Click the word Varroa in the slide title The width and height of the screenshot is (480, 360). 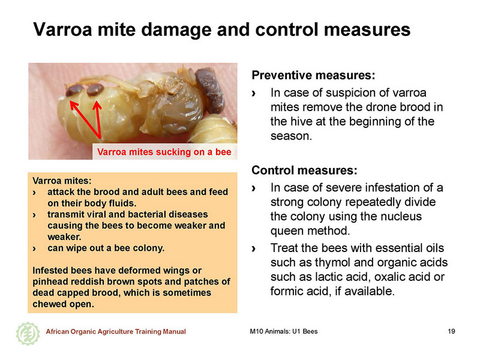tap(62, 29)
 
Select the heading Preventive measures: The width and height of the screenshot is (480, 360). tap(313, 76)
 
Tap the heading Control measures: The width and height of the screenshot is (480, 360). tap(304, 170)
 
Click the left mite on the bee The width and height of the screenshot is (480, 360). tap(74, 91)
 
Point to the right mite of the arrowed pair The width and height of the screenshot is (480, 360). tap(95, 89)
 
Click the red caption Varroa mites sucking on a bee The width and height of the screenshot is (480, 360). tap(164, 152)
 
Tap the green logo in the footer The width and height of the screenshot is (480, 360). tap(28, 334)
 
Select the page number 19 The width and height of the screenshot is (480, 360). tap(451, 331)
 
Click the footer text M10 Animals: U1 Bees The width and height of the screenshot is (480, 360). tap(283, 331)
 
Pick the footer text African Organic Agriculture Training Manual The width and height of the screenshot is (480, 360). tap(116, 332)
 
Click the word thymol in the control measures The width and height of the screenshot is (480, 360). tap(332, 263)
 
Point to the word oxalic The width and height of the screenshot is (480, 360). tap(389, 277)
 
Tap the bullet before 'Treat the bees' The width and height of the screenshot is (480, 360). tap(253, 248)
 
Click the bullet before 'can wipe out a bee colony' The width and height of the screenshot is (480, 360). tap(34, 248)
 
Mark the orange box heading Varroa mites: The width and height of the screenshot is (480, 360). tap(62, 181)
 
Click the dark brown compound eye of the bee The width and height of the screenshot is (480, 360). tap(211, 91)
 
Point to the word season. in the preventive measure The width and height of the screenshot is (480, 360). tap(291, 136)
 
